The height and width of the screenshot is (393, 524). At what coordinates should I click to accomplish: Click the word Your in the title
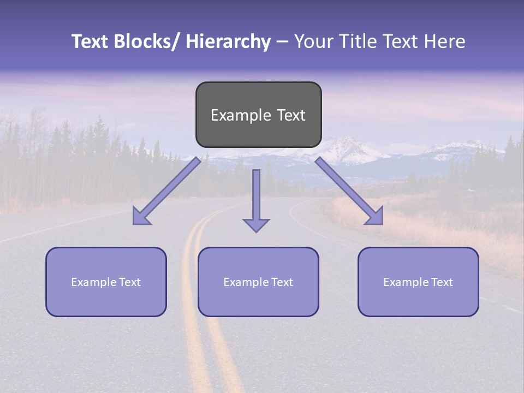point(313,42)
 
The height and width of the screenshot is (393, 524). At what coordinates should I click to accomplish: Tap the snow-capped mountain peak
point(344,143)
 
